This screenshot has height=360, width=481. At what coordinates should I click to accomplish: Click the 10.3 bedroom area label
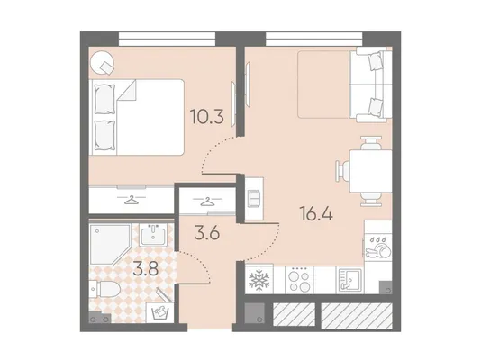tap(206, 117)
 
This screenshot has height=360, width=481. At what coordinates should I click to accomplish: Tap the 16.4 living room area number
tap(317, 213)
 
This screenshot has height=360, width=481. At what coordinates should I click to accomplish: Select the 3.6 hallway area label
tap(207, 234)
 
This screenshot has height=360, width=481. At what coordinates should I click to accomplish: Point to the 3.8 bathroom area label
tap(146, 269)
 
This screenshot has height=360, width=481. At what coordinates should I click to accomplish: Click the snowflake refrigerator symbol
tap(259, 280)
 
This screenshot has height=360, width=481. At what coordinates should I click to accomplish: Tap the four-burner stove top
tap(299, 280)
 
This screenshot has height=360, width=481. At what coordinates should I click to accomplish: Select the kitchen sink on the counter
tap(349, 280)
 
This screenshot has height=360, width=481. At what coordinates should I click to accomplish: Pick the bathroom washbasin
tap(153, 235)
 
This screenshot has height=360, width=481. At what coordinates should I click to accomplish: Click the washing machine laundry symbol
tap(159, 313)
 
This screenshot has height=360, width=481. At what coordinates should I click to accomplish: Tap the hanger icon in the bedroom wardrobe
tap(131, 200)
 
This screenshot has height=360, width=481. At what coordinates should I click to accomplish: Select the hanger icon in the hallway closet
tap(207, 202)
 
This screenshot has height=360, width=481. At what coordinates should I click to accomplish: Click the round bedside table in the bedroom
tap(103, 62)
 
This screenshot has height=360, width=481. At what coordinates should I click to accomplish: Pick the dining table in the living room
tap(370, 171)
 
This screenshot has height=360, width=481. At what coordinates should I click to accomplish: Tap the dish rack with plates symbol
tap(378, 247)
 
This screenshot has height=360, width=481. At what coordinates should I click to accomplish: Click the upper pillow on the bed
tap(104, 100)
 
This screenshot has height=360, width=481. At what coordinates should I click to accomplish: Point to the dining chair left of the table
tap(342, 171)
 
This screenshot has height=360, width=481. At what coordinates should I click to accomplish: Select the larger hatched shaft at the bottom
tap(357, 316)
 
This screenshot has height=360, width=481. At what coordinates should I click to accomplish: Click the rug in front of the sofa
tap(323, 85)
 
